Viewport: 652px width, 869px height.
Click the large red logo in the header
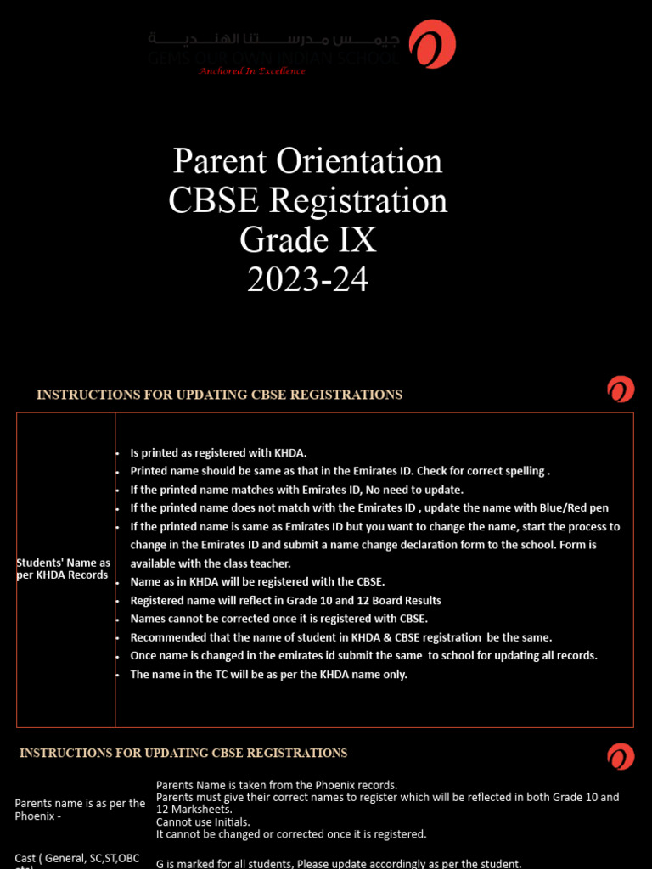coord(432,44)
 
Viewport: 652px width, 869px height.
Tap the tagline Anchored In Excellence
coord(251,71)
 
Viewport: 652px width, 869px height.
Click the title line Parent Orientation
coord(307,161)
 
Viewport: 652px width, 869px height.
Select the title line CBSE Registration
coord(307,201)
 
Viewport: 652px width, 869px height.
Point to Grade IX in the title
coord(307,240)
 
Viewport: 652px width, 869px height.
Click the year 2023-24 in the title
coord(307,279)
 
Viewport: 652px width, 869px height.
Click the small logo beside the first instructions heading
coord(621,390)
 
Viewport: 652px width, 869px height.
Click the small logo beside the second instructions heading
coord(621,756)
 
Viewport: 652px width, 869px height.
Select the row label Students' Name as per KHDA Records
coord(64,569)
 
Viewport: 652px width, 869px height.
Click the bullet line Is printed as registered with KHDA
coord(217,452)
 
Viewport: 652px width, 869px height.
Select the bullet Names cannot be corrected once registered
coord(278,619)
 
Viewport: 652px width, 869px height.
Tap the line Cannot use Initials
coord(202,821)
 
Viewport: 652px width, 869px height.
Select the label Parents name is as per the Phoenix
coord(80,809)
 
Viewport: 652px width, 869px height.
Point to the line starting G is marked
coord(337,864)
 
